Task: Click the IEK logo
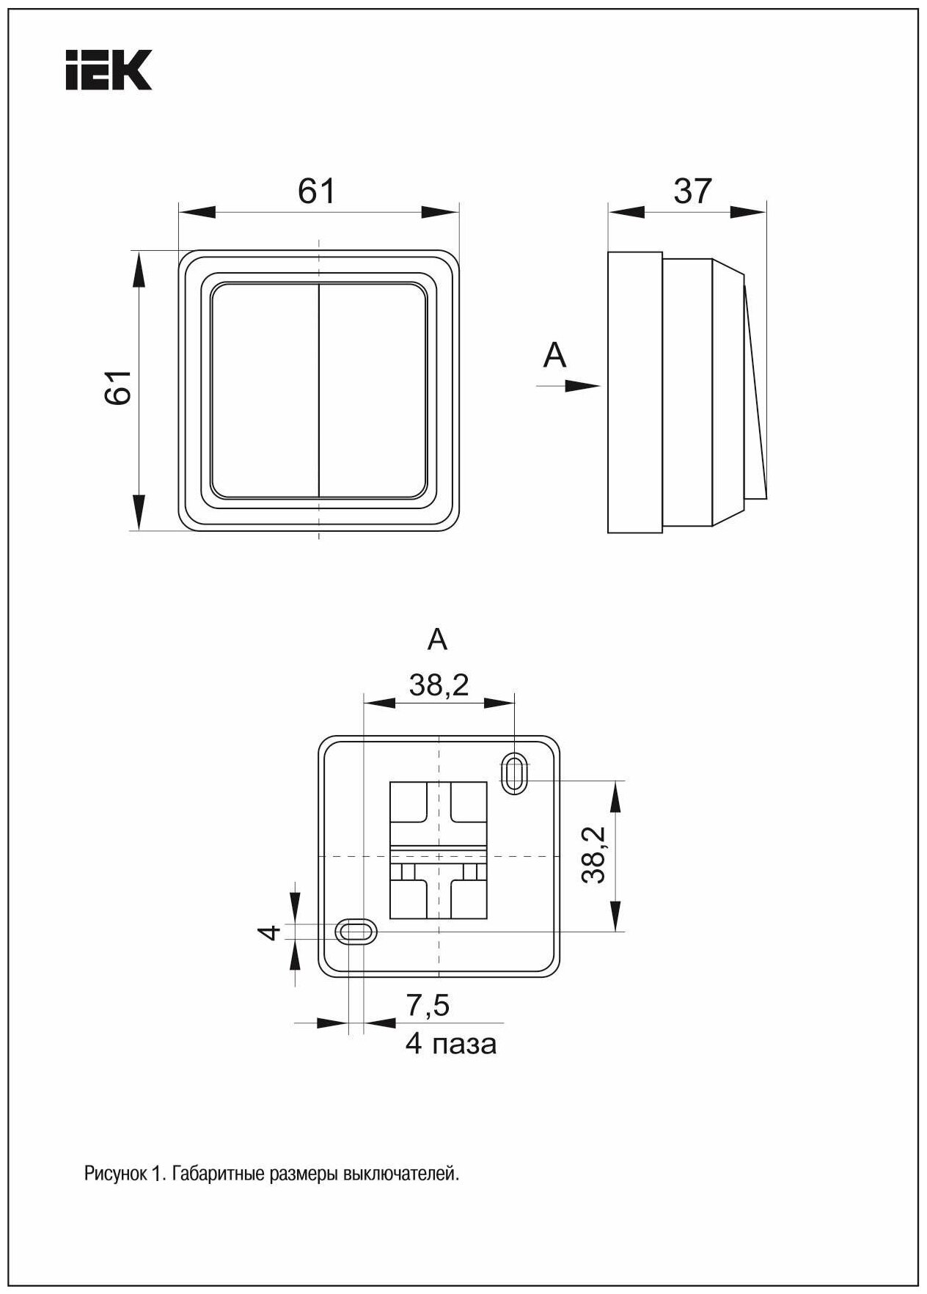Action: (109, 70)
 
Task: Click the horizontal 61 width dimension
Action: (317, 192)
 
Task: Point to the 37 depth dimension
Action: (692, 192)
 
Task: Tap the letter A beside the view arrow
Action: (555, 356)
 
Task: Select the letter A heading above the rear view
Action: (438, 640)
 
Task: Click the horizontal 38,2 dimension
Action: (439, 686)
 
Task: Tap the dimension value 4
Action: (271, 932)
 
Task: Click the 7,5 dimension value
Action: (428, 1006)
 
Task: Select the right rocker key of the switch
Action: (373, 390)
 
